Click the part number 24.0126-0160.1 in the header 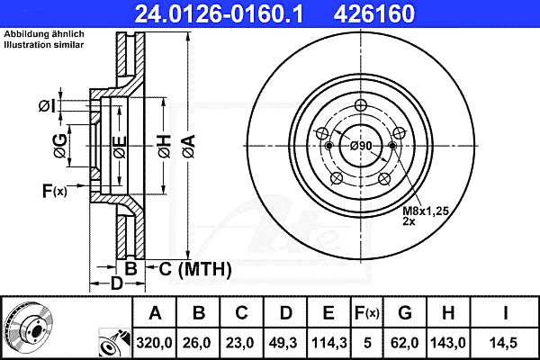219,13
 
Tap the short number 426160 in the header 374,13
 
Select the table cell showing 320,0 154,343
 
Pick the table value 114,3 328,343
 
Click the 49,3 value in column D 285,343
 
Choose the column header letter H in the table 448,313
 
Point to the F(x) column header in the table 367,313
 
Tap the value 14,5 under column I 505,343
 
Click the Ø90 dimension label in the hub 361,146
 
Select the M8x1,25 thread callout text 426,211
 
